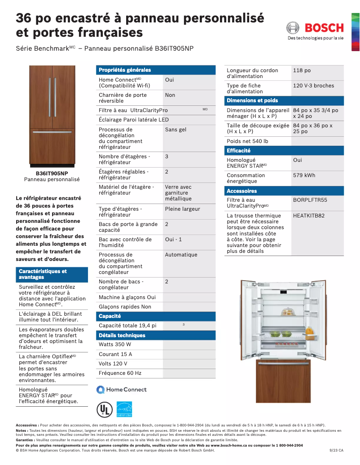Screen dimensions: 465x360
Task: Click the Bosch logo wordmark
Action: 324,28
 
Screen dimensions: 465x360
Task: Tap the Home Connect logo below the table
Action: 122,390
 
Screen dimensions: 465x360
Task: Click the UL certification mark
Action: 104,409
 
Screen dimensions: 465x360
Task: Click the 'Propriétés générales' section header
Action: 125,70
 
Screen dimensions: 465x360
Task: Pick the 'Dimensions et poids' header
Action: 252,100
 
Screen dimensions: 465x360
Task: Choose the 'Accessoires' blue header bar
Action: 242,191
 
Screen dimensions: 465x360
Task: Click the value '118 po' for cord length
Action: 302,70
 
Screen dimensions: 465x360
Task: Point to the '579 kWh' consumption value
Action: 304,175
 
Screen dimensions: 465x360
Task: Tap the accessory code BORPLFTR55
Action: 310,200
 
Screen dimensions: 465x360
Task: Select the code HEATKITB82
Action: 309,216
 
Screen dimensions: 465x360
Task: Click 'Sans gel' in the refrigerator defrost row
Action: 176,130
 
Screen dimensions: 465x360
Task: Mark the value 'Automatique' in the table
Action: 181,255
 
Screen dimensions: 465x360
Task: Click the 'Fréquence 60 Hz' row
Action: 120,373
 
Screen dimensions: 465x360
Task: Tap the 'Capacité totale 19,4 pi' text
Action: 127,326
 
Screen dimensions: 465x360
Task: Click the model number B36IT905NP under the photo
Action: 52,173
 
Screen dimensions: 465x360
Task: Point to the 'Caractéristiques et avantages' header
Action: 43,274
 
